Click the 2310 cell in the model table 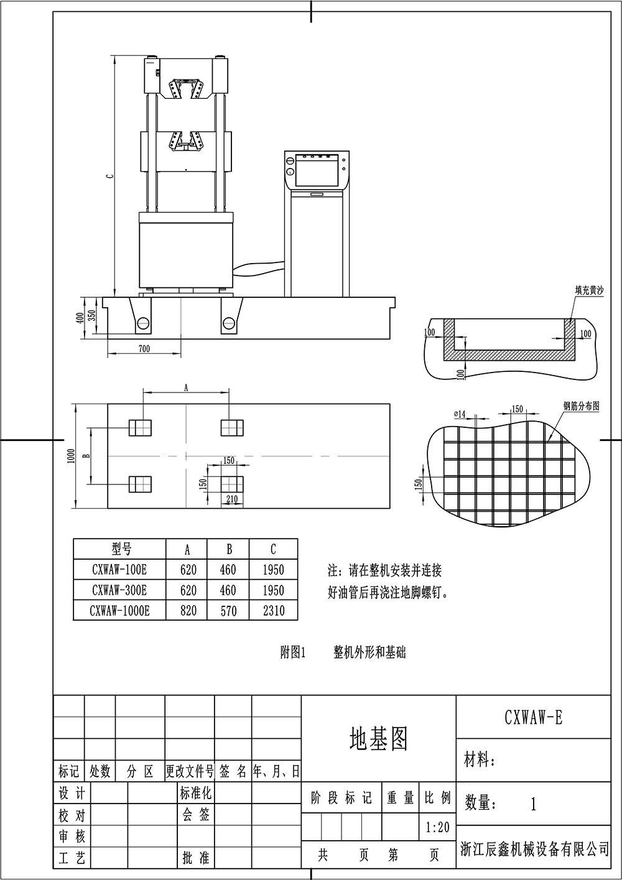click(273, 611)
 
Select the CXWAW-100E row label click(119, 569)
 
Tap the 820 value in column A click(188, 611)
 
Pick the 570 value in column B click(229, 611)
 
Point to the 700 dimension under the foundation click(144, 350)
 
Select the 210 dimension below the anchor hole click(232, 498)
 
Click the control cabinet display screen click(317, 170)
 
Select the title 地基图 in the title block click(378, 738)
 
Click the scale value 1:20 click(438, 827)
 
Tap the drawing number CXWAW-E click(533, 717)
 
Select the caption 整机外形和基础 click(369, 652)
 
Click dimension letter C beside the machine click(109, 176)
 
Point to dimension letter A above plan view click(186, 387)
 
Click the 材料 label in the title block click(479, 760)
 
